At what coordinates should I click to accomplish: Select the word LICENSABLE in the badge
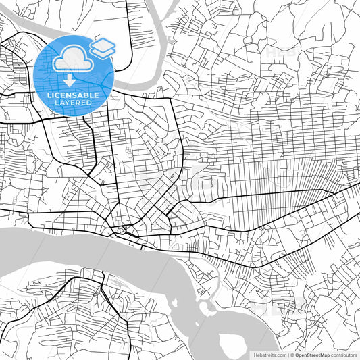(x=74, y=95)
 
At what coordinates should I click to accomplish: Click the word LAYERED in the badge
(x=74, y=103)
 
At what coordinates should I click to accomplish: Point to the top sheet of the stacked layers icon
(x=103, y=44)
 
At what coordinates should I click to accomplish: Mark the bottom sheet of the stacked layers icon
(x=103, y=52)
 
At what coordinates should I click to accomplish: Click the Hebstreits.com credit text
(x=270, y=355)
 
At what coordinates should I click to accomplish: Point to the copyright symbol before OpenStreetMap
(x=292, y=355)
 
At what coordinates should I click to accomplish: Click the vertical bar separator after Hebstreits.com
(x=288, y=355)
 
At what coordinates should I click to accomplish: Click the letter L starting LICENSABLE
(x=50, y=95)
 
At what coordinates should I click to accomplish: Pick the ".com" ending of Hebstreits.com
(x=281, y=355)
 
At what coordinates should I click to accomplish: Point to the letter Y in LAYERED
(x=70, y=103)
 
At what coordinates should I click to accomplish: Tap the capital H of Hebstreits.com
(x=255, y=355)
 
